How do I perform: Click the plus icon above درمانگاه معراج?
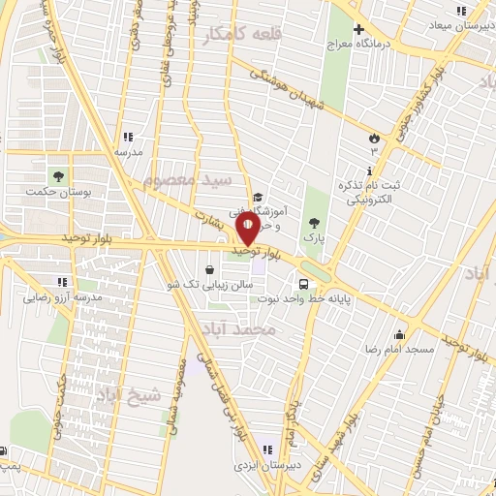tap(357, 30)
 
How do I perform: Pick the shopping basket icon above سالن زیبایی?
tap(210, 270)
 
